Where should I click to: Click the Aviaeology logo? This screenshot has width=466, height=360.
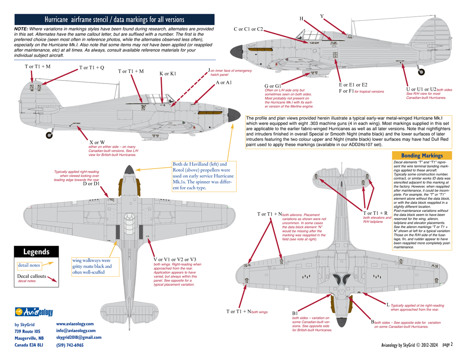tap(34, 312)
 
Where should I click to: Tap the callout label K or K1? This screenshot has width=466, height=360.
tap(168, 74)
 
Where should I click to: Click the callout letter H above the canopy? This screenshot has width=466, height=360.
tap(302, 19)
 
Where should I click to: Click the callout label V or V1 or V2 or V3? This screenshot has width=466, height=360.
tap(175, 259)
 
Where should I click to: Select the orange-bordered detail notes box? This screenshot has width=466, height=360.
tap(29, 266)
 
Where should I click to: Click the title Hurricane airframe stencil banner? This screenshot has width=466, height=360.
tap(115, 19)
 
